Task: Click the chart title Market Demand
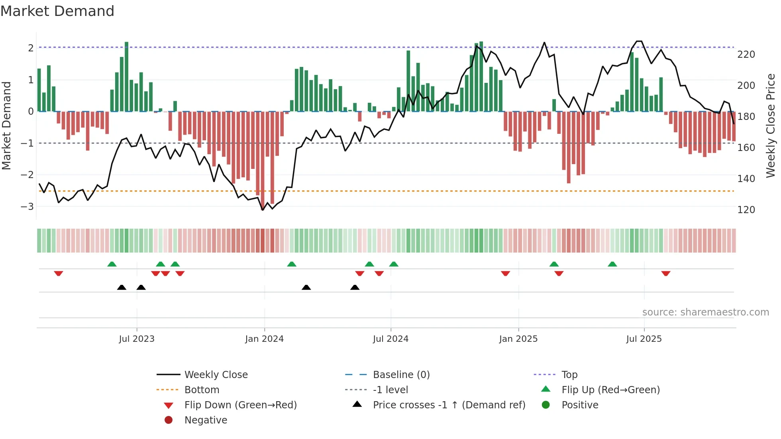pos(57,11)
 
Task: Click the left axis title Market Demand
pos(7,125)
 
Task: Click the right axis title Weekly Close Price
pos(771,125)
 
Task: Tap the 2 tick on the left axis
pos(31,48)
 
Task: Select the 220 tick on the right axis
pos(746,55)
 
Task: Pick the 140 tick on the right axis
pos(746,179)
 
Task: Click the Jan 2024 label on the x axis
pos(264,339)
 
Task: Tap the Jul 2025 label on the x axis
pos(644,339)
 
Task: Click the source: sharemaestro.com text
pos(705,312)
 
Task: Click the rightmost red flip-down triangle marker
pos(665,273)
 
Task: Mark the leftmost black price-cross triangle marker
pos(122,287)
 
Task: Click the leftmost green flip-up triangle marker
pos(112,264)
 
